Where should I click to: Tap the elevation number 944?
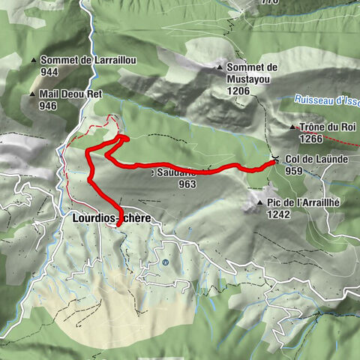[x=50, y=72]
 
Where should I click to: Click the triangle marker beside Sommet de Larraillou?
[x=34, y=61]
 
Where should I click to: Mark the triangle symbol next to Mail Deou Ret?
[x=33, y=94]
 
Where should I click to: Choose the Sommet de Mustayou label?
[x=251, y=72]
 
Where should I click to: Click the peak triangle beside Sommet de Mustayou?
[x=218, y=67]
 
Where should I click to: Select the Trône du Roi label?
[x=327, y=127]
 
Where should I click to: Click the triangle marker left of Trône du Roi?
[x=292, y=127]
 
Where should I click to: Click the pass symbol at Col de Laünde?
[x=276, y=159]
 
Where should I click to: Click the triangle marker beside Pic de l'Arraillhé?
[x=259, y=203]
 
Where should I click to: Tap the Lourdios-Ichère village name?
[x=111, y=218]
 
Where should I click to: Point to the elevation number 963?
[x=187, y=183]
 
